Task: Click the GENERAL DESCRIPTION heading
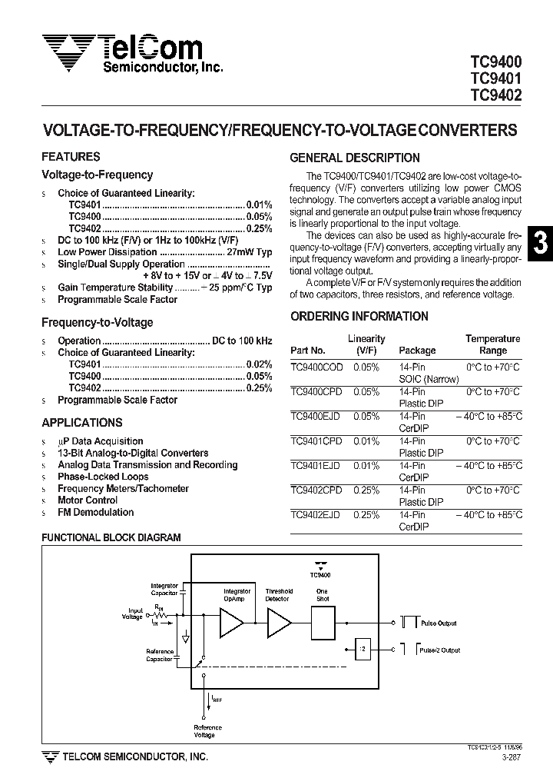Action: pyautogui.click(x=354, y=158)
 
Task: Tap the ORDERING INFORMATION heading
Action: pyautogui.click(x=359, y=316)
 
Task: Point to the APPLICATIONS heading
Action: pyautogui.click(x=81, y=423)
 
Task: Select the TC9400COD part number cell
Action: pyautogui.click(x=316, y=367)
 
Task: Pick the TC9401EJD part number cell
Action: pyautogui.click(x=316, y=466)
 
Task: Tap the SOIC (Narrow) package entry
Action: pyautogui.click(x=429, y=379)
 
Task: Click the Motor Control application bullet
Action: pyautogui.click(x=88, y=500)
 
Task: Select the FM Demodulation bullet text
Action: pyautogui.click(x=95, y=513)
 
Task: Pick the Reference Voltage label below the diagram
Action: pyautogui.click(x=207, y=731)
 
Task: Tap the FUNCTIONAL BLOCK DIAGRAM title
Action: pyautogui.click(x=111, y=538)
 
